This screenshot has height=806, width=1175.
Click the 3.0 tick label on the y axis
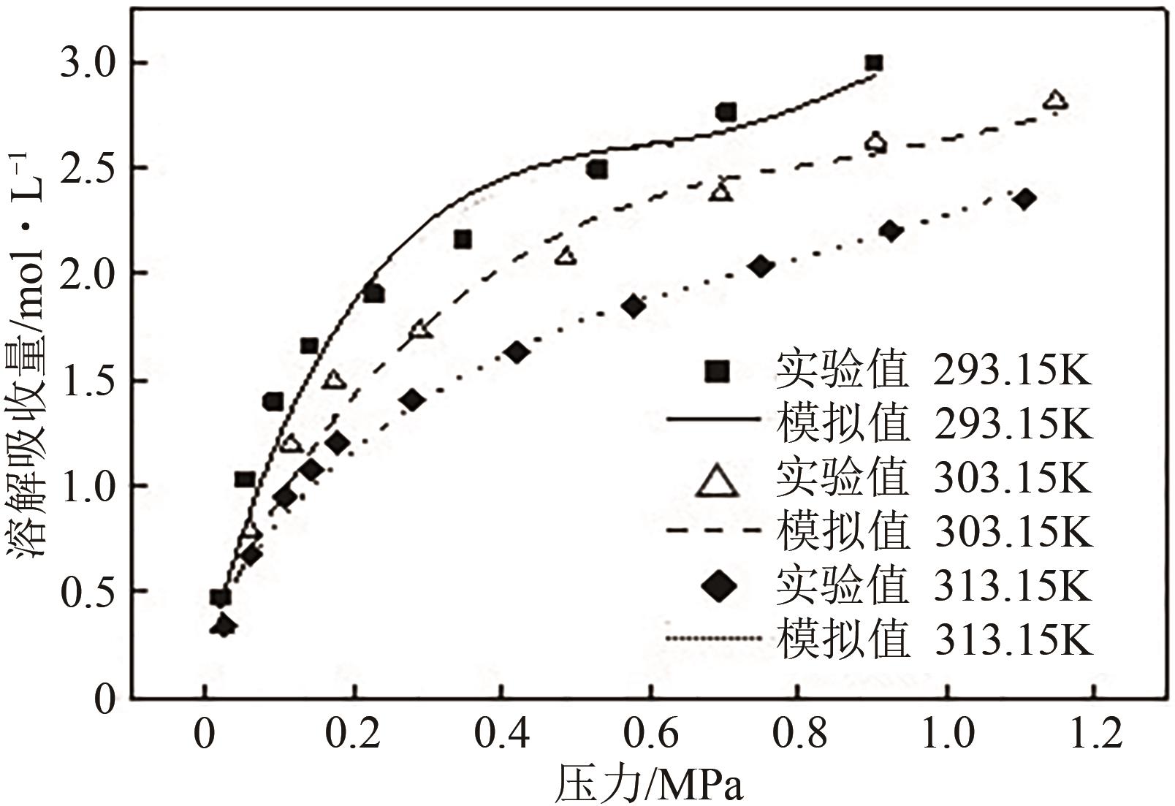coord(86,64)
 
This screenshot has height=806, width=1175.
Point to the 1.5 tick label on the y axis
coord(86,381)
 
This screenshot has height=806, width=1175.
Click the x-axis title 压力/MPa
coord(649,786)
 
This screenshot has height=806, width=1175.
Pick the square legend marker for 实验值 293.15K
coord(717,371)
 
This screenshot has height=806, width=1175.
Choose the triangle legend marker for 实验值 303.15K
coord(717,482)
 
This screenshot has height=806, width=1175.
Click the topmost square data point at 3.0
coord(873,64)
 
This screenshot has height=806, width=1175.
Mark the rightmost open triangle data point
coord(1056,101)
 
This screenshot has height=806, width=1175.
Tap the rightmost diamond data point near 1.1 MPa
coord(1024,199)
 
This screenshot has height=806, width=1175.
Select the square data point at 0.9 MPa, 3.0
coord(873,64)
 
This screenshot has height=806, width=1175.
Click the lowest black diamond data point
coord(224,626)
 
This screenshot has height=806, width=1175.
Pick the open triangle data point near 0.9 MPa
coord(875,143)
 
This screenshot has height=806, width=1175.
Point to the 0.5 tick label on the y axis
coord(86,592)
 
